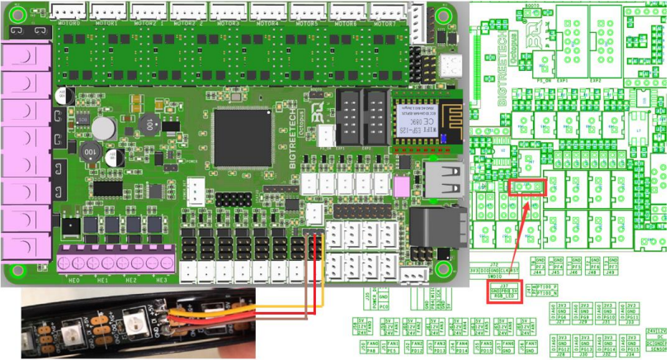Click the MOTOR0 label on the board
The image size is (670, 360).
[x=72, y=24]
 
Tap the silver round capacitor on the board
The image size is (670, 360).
[x=103, y=127]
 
